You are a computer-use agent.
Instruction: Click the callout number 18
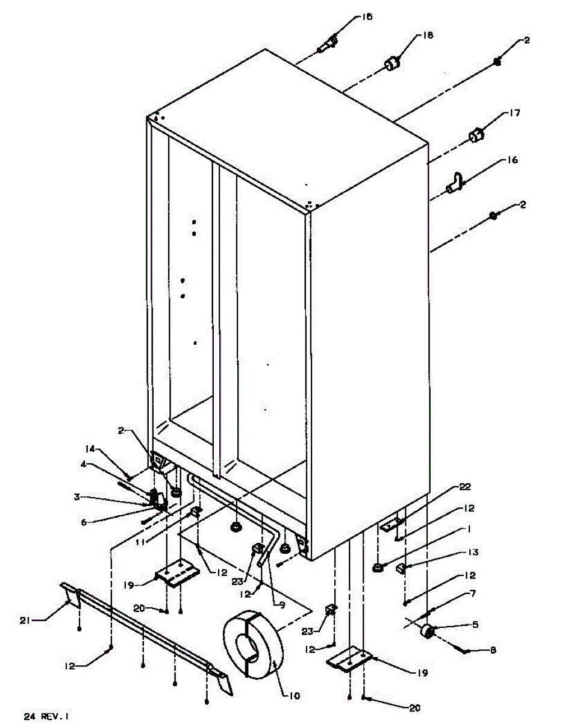pyautogui.click(x=428, y=36)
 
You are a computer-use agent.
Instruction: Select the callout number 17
pyautogui.click(x=514, y=113)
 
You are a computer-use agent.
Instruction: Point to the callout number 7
pyautogui.click(x=473, y=594)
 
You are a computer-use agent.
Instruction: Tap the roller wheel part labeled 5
pyautogui.click(x=428, y=630)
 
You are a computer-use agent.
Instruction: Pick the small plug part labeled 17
pyautogui.click(x=476, y=136)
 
